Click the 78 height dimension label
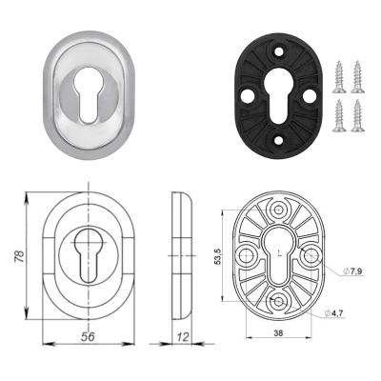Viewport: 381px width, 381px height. point(20,256)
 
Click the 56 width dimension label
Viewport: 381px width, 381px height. point(88,337)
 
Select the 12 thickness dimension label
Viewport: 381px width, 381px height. point(182,337)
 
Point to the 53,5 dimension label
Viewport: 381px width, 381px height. point(218,256)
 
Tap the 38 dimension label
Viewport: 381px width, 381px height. point(278,332)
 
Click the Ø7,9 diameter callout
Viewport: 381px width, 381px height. point(353,271)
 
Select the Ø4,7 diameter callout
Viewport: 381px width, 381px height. point(333,313)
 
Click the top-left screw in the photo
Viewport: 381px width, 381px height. point(339,77)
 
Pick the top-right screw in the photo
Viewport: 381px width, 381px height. point(357,77)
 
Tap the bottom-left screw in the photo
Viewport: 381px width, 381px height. point(339,115)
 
